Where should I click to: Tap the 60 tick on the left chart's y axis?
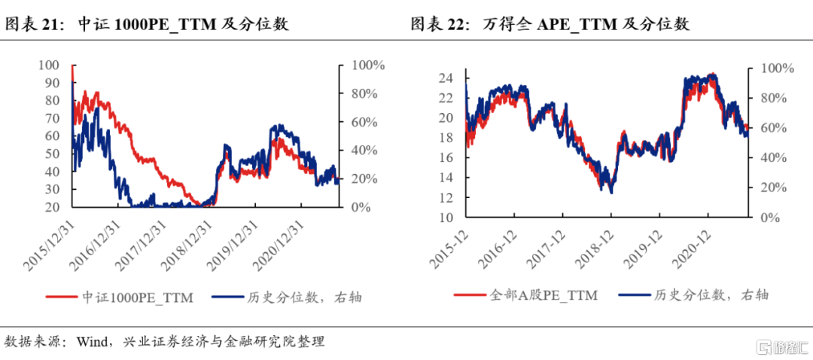50,136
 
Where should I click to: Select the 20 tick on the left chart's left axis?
50,206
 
